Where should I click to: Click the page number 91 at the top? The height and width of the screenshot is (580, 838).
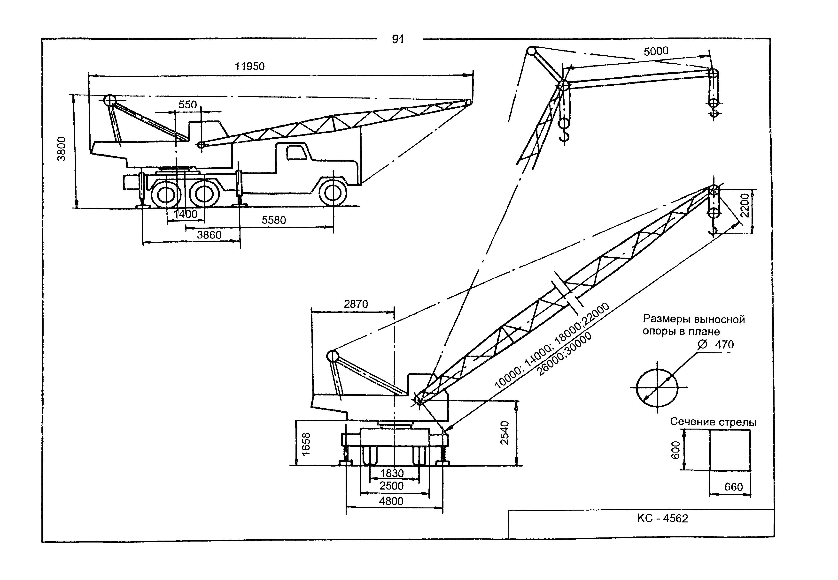pyautogui.click(x=398, y=39)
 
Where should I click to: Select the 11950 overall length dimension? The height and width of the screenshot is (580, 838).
pyautogui.click(x=250, y=67)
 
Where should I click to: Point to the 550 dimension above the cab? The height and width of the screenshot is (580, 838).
pyautogui.click(x=187, y=105)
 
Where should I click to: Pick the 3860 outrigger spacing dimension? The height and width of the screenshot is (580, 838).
pyautogui.click(x=209, y=235)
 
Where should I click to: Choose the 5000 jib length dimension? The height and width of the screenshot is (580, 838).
pyautogui.click(x=656, y=51)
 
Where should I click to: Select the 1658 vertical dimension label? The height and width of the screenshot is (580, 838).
pyautogui.click(x=306, y=444)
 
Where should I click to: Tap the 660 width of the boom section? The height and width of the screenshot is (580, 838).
pyautogui.click(x=734, y=487)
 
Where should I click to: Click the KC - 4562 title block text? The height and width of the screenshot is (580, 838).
pyautogui.click(x=663, y=518)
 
